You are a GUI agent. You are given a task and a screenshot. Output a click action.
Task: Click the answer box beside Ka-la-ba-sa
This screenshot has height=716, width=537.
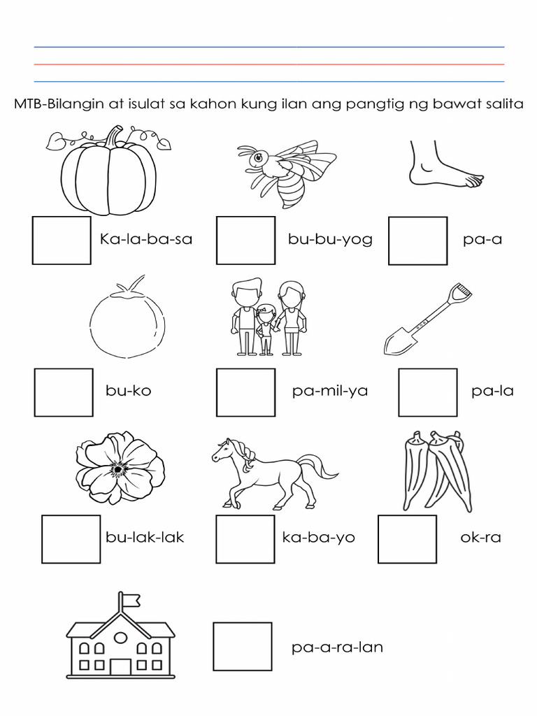62,241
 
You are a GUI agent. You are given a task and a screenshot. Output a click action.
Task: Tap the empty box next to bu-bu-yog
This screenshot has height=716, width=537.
245,241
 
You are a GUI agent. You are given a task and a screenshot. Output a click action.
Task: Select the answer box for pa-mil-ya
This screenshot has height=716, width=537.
245,392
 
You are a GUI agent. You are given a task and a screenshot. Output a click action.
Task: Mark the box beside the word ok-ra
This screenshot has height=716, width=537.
407,539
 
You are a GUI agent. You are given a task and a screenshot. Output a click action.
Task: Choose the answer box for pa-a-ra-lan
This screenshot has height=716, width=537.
243,647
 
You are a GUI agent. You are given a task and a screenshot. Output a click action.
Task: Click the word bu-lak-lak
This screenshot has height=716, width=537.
145,538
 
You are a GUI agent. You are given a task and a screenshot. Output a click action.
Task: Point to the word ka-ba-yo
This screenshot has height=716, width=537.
318,538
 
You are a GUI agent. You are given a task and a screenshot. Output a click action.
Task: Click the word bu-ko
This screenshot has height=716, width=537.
129,391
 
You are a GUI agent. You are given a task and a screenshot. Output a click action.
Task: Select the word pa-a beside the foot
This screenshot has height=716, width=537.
482,240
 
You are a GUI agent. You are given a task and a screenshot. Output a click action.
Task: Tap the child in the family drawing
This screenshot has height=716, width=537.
266,329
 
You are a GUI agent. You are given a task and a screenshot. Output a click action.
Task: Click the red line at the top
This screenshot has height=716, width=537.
269,64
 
